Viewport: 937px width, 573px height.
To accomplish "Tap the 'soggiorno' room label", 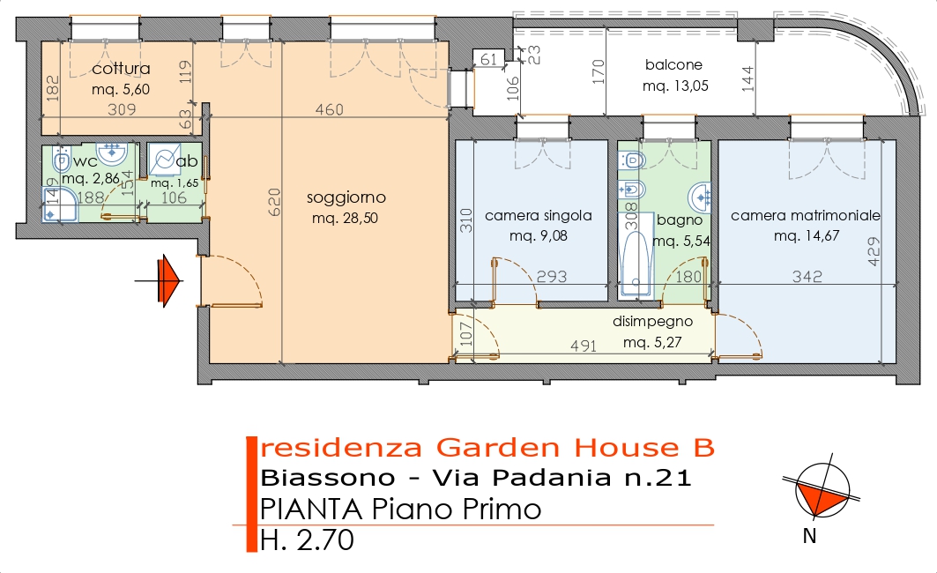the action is pos(346,197).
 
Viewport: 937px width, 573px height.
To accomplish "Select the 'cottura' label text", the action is pos(121,69).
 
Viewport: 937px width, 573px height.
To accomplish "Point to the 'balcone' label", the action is pos(673,64).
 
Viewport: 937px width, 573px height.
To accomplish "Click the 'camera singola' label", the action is pos(539,216).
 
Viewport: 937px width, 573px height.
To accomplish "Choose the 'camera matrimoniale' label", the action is pos(806,215).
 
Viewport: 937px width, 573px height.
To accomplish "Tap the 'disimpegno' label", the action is pos(652,322).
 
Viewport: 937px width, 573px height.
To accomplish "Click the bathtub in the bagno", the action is pos(636,263).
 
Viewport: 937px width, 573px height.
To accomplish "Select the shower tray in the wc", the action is pos(60,205).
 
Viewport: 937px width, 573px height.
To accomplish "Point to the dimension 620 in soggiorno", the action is pos(273,202).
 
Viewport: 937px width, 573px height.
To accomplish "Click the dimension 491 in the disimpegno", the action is pos(584,346).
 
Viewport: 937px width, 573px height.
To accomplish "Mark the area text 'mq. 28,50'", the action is pos(345,219).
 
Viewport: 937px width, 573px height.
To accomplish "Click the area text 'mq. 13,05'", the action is pos(675,86).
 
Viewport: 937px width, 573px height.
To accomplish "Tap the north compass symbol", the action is pos(822,489).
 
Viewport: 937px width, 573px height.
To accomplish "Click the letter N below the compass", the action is pos(810,537).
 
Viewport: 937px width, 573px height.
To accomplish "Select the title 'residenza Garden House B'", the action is pos(487,448).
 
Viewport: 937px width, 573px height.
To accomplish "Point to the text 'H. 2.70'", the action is pos(307,540).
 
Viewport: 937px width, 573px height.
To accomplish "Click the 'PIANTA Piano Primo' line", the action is pos(400,510).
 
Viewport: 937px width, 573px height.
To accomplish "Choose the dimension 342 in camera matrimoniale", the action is pos(807,276).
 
